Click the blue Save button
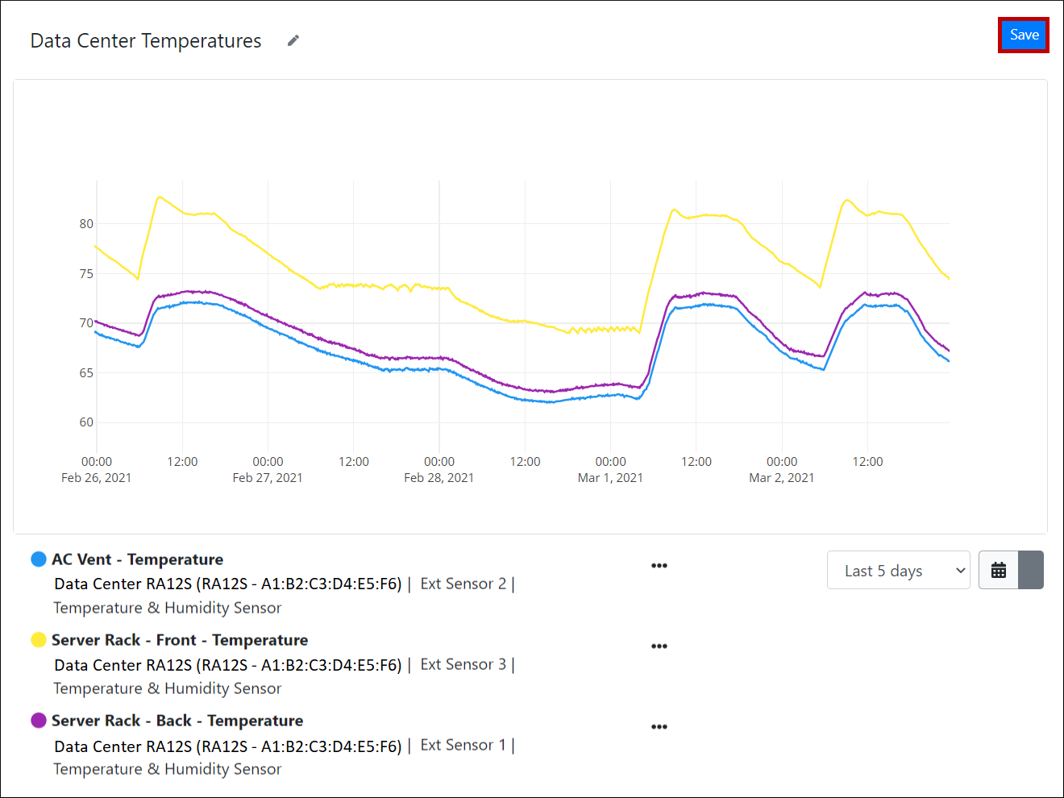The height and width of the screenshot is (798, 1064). point(1024,35)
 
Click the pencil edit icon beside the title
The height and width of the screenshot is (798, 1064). point(293,40)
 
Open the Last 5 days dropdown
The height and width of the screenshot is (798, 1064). point(898,571)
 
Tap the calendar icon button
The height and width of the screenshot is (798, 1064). point(999,570)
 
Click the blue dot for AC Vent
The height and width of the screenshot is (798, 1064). point(39,559)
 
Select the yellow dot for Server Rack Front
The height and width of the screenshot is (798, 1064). point(39,640)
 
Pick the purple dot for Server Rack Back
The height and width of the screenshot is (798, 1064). point(39,721)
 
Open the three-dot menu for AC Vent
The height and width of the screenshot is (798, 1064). point(659,566)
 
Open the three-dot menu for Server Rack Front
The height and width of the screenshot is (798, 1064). point(659,646)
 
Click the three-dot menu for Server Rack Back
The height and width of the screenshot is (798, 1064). point(659,727)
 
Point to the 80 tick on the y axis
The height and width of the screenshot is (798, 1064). point(86,224)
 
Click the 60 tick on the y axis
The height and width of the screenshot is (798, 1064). point(86,422)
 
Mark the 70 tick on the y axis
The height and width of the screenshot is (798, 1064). point(86,323)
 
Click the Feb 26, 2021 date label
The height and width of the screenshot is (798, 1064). point(97,478)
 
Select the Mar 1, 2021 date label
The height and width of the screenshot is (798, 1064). point(610,478)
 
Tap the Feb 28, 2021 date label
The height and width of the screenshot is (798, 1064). point(439,478)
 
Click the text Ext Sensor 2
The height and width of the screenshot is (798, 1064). point(463,584)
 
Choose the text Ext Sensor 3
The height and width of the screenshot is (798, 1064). point(463,664)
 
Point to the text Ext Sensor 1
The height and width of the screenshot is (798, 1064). point(463,745)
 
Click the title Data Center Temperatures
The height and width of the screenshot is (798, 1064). point(146,41)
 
